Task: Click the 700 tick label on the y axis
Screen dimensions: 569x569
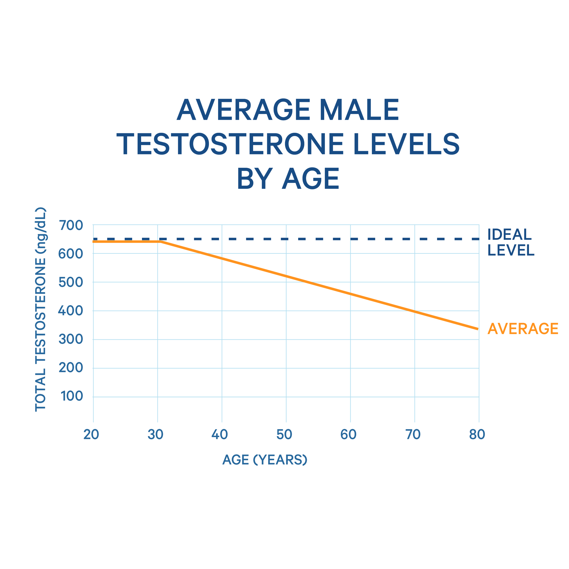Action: [x=71, y=226]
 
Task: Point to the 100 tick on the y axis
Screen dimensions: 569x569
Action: [x=72, y=396]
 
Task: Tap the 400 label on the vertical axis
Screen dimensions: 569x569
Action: [x=71, y=311]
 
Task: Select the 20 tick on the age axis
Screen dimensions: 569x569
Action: [x=91, y=434]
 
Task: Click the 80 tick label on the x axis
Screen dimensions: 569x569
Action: [x=477, y=434]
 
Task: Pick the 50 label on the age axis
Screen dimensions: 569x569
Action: [x=284, y=434]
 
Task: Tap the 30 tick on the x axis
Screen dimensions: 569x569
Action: [x=155, y=434]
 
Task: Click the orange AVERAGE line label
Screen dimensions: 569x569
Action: [x=523, y=329]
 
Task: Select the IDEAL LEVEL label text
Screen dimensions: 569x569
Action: [x=511, y=242]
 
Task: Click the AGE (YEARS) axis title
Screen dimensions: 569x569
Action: [x=265, y=460]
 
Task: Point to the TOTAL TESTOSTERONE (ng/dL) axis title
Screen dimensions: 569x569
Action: [x=41, y=309]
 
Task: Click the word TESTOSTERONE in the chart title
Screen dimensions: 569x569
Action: [x=230, y=144]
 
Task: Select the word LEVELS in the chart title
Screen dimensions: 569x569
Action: [x=406, y=144]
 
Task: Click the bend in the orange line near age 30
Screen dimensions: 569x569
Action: [x=160, y=242]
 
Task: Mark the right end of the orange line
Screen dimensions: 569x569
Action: [x=478, y=329]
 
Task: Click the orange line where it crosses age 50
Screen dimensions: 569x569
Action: [x=286, y=276]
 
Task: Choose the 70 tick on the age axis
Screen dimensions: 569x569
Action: [x=413, y=434]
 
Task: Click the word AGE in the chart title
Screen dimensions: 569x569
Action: [x=310, y=179]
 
